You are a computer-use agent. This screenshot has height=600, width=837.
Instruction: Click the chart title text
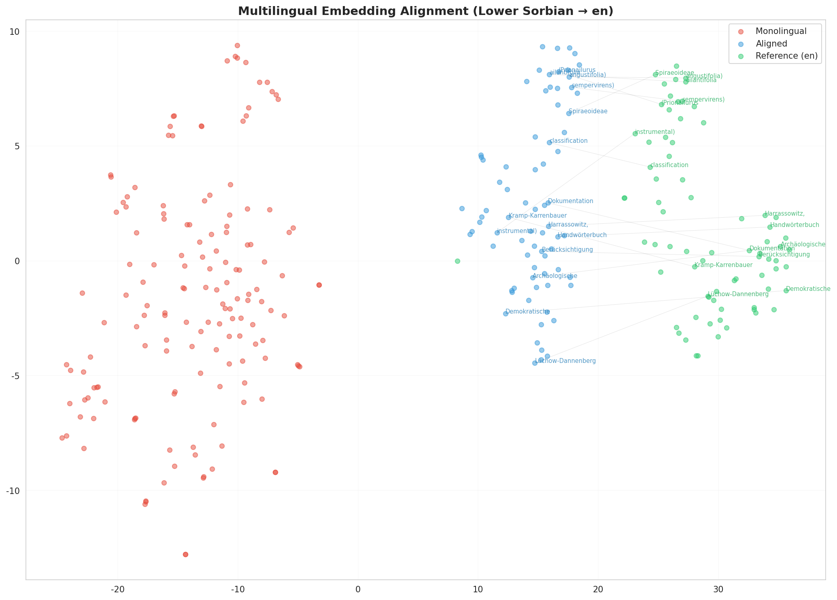425,11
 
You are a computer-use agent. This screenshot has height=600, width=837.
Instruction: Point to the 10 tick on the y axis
17,32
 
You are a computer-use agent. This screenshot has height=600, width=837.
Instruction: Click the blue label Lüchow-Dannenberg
565,361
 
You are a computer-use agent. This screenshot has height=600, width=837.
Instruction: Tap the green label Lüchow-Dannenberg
738,294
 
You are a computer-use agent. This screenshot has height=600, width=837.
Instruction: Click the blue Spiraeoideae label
588,111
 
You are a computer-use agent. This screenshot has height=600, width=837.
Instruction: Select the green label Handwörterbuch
794,225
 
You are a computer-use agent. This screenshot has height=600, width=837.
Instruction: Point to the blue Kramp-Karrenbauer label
537,216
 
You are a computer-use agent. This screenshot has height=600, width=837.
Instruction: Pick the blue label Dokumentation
570,201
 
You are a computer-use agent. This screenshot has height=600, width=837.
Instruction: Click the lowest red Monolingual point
185,554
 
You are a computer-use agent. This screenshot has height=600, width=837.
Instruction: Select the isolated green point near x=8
457,261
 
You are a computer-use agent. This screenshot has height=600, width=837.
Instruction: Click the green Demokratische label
808,289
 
